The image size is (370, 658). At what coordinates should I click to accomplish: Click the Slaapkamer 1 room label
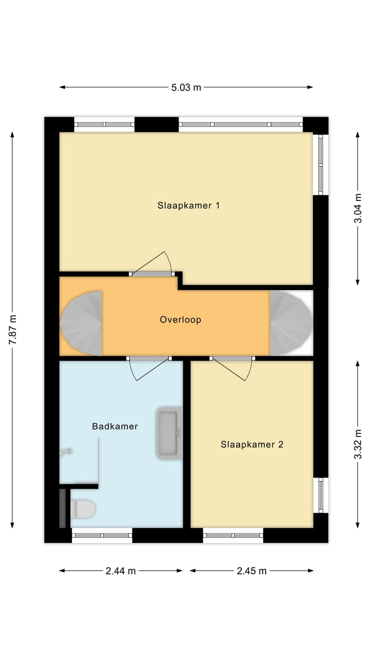[x=189, y=206]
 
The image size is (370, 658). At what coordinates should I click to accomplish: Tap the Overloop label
[x=180, y=320]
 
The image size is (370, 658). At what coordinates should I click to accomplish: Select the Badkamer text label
[x=115, y=426]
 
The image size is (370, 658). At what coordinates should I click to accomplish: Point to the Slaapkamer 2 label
[x=252, y=445]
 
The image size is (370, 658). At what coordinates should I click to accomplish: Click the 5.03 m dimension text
[x=186, y=87]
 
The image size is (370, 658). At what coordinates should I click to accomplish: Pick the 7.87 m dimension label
[x=13, y=330]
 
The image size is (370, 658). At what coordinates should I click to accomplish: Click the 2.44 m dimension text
[x=121, y=571]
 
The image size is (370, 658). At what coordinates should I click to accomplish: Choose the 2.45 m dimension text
[x=252, y=571]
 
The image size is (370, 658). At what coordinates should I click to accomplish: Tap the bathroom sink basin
[x=170, y=433]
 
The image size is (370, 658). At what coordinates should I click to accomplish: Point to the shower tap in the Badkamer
[x=65, y=452]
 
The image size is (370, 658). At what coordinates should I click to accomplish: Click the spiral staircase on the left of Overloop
[x=81, y=323]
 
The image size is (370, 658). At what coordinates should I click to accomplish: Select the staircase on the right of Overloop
[x=291, y=323]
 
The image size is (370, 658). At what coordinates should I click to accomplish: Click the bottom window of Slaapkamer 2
[x=233, y=535]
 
